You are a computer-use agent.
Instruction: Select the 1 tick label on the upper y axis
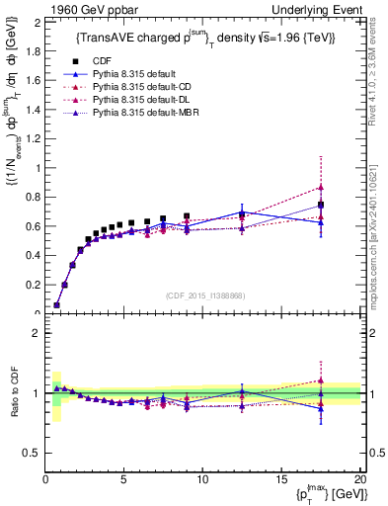[x=38, y=168]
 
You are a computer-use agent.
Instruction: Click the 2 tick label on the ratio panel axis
[x=38, y=333]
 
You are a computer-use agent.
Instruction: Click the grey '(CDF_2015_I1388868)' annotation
[x=201, y=294]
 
